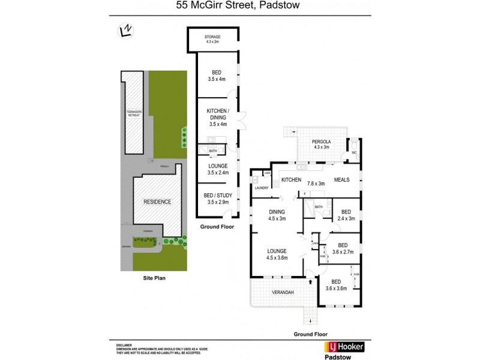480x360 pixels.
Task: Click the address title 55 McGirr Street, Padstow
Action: click(239, 7)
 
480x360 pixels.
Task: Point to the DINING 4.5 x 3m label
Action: click(277, 215)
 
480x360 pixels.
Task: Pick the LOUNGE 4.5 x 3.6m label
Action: click(277, 253)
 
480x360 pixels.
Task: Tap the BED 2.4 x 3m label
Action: click(346, 215)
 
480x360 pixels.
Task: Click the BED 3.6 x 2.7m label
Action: click(345, 248)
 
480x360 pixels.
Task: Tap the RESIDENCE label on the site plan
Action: click(157, 202)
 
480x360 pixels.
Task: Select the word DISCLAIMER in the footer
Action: click(125, 345)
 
